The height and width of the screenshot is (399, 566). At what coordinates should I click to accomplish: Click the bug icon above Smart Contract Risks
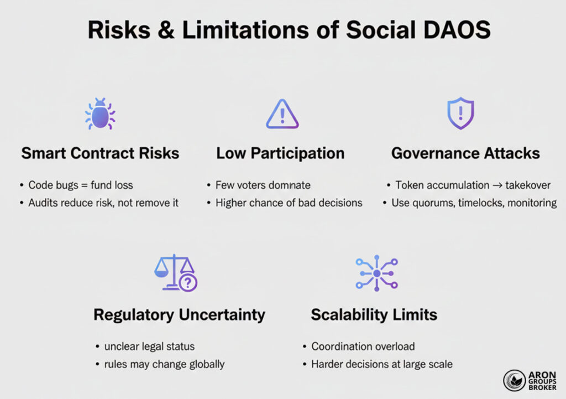pos(100,114)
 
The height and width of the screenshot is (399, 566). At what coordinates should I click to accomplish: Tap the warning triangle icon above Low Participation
pos(282,115)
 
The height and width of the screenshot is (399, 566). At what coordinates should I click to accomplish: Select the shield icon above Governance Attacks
pos(460,113)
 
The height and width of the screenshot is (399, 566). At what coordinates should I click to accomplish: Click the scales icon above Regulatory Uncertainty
pos(175,273)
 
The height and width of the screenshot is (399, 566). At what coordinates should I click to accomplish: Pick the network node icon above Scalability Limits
pos(376,273)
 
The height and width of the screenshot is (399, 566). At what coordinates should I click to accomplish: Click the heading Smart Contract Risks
pos(100,153)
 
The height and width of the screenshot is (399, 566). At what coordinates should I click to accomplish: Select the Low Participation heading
pos(280,153)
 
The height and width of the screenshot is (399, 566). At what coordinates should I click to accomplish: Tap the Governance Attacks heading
pos(465,153)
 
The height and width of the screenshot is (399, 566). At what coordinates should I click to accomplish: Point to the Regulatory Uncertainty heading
pos(179,315)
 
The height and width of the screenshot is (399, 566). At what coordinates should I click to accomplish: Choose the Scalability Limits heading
pos(374,315)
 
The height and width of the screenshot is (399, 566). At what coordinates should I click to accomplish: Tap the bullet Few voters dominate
pos(263,185)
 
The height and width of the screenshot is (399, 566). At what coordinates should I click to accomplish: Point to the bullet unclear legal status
pos(149,346)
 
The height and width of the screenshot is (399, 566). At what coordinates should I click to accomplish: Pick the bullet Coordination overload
pos(363,346)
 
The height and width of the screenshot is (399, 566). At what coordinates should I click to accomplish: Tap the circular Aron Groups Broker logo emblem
pos(514,381)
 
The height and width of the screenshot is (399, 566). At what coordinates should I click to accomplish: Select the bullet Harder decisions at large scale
pos(381,364)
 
